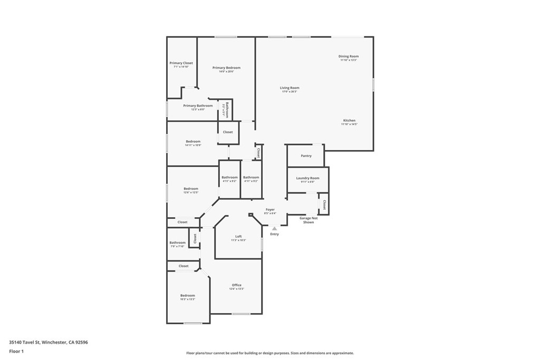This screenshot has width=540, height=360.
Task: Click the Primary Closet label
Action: pos(181,63)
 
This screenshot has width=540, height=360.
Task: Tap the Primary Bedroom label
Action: pos(226,68)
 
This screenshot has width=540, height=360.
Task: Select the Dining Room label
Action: pos(349,56)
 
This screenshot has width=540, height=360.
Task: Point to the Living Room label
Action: pos(290,88)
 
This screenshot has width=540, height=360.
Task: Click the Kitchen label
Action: pos(349,121)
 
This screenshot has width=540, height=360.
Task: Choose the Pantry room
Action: pos(306,156)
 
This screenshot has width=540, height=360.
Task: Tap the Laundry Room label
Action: pos(307,178)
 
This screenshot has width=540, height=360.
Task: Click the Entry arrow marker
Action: pos(274,228)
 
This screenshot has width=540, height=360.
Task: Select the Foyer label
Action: pos(270,210)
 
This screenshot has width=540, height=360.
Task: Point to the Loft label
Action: pos(238,236)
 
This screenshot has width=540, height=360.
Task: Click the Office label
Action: pos(237,285)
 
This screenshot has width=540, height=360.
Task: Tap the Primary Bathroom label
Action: pos(198,106)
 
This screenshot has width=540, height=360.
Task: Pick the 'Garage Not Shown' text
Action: pos(308,220)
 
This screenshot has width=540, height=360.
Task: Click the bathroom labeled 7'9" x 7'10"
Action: pos(177,243)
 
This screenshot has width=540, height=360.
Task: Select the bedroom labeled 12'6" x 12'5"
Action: pos(191,189)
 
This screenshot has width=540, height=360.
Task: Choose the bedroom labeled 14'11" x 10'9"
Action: pos(193,141)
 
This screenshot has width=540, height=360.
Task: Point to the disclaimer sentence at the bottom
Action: pos(269,353)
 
